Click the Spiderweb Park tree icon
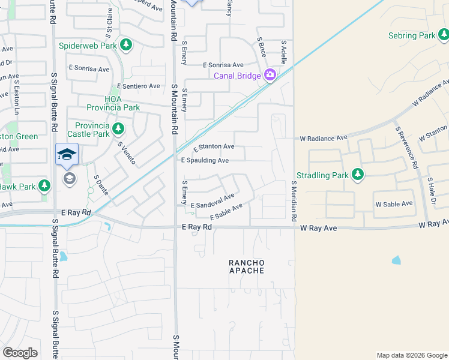coord(126,45)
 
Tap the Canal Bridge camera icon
coord(270,75)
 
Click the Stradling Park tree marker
coord(358,175)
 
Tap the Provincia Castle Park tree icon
coord(118,128)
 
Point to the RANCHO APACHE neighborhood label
coord(247,266)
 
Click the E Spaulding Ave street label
coord(205,161)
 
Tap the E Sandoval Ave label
coord(212,201)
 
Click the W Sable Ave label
coord(394,204)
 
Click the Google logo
coord(20,353)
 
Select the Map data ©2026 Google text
coord(411,355)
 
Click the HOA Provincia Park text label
coord(122,103)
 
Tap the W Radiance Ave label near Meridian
coord(324,138)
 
